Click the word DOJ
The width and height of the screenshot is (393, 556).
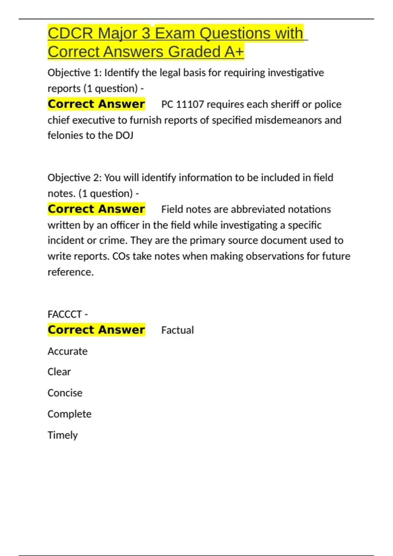pyautogui.click(x=124, y=135)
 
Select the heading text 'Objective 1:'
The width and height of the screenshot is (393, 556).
pyautogui.click(x=75, y=73)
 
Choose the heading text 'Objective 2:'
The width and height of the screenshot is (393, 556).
pyautogui.click(x=75, y=178)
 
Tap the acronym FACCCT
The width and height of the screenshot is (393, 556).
pyautogui.click(x=65, y=314)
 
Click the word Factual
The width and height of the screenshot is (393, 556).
pyautogui.click(x=178, y=330)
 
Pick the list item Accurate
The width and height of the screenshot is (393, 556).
pyautogui.click(x=67, y=351)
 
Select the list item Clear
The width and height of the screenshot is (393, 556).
pyautogui.click(x=59, y=372)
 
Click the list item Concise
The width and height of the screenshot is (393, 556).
pyautogui.click(x=65, y=393)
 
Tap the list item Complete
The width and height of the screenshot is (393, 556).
pyautogui.click(x=69, y=414)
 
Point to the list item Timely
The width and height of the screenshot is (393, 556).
pyautogui.click(x=63, y=435)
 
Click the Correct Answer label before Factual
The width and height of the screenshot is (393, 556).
pyautogui.click(x=96, y=330)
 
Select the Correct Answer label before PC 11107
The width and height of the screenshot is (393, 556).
pyautogui.click(x=96, y=104)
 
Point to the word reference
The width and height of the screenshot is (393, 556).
pyautogui.click(x=70, y=272)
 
